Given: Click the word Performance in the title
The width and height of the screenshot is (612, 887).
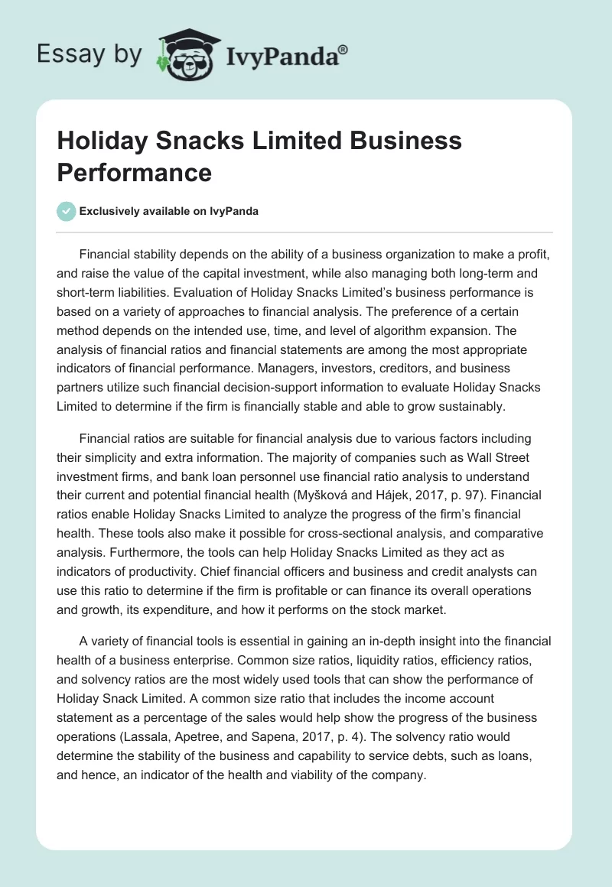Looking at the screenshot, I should (134, 172).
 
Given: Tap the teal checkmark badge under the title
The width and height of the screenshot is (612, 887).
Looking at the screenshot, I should (67, 211).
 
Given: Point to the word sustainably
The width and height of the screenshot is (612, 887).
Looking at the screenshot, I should (467, 407).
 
